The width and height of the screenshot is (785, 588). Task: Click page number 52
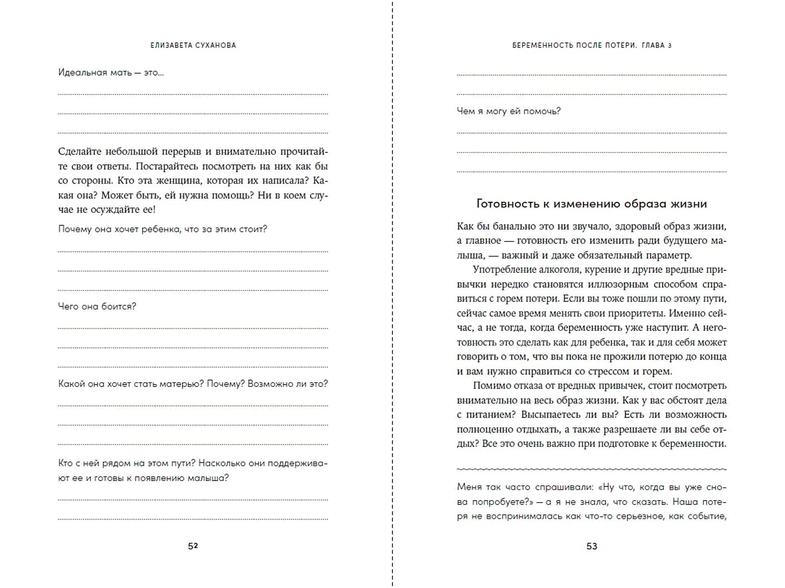click(x=193, y=546)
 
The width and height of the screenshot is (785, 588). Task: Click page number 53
click(x=592, y=546)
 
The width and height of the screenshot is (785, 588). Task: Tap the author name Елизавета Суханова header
click(x=193, y=45)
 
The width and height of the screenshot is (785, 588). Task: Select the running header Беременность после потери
click(x=574, y=45)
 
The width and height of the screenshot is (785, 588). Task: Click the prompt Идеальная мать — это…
click(x=111, y=72)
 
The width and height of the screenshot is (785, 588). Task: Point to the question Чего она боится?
click(x=97, y=307)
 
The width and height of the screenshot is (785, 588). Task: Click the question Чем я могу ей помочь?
click(x=508, y=111)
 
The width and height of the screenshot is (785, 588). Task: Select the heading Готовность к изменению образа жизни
click(x=591, y=203)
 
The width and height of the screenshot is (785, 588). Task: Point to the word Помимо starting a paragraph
click(x=490, y=386)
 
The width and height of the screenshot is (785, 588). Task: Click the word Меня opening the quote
click(x=469, y=487)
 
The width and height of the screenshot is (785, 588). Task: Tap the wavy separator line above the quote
click(x=591, y=469)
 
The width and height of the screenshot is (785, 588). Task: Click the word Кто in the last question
click(x=65, y=463)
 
